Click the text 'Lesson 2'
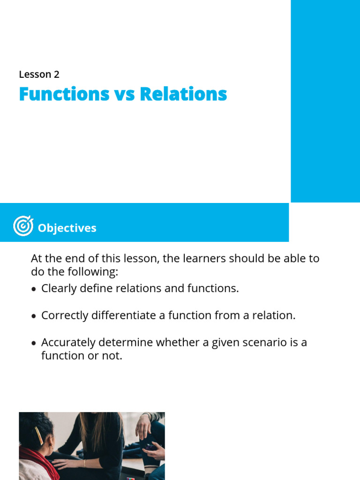click(39, 74)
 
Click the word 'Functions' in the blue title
click(64, 94)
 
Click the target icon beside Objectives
click(23, 226)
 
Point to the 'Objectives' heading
click(67, 228)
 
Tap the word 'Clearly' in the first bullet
click(59, 288)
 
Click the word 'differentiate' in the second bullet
click(123, 315)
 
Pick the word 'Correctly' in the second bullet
click(63, 315)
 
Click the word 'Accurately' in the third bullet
click(67, 342)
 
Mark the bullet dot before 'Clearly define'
click(33, 290)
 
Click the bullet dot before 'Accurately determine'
click(33, 344)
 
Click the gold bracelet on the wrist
click(85, 463)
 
